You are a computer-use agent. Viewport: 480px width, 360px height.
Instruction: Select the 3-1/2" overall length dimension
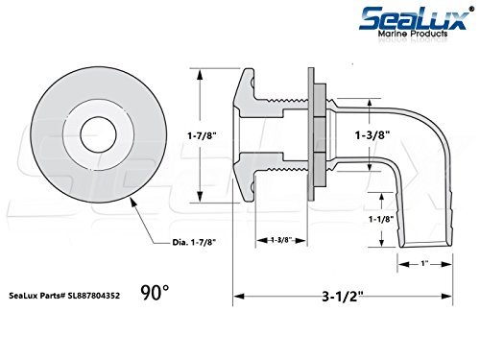pos(343,297)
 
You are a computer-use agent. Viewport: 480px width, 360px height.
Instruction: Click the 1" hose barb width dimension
pos(424,264)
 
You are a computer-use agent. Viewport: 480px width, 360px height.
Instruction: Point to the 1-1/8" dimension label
pos(381,220)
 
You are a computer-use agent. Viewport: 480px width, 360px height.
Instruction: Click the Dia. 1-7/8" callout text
pos(194,242)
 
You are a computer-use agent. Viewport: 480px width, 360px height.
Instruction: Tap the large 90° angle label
pos(155,293)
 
